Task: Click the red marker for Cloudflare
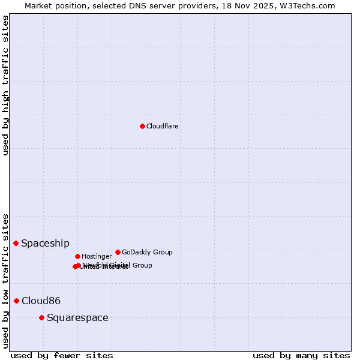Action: click(x=142, y=126)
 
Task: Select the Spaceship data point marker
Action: click(x=16, y=243)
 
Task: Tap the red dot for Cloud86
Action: click(x=16, y=301)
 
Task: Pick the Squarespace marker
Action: click(x=41, y=317)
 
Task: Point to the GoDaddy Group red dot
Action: click(x=118, y=252)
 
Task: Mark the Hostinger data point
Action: click(x=77, y=256)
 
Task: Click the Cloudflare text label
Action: click(x=163, y=126)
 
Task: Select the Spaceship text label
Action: click(x=45, y=243)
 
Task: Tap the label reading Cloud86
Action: click(x=41, y=301)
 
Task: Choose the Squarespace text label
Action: click(x=77, y=317)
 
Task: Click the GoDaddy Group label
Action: click(x=147, y=252)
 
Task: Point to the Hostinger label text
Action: click(x=97, y=256)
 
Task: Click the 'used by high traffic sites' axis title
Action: click(x=6, y=85)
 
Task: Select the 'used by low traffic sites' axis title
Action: click(x=6, y=281)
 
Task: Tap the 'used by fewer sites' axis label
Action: click(x=62, y=355)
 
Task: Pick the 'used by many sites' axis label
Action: click(x=301, y=355)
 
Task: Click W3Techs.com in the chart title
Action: click(x=309, y=5)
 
